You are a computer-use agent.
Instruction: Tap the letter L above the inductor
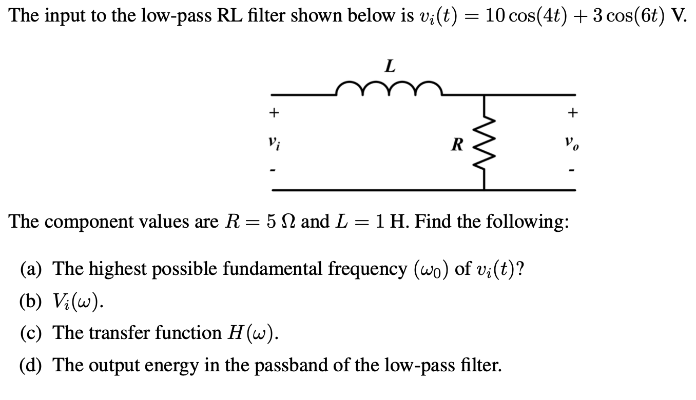tap(390, 66)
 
